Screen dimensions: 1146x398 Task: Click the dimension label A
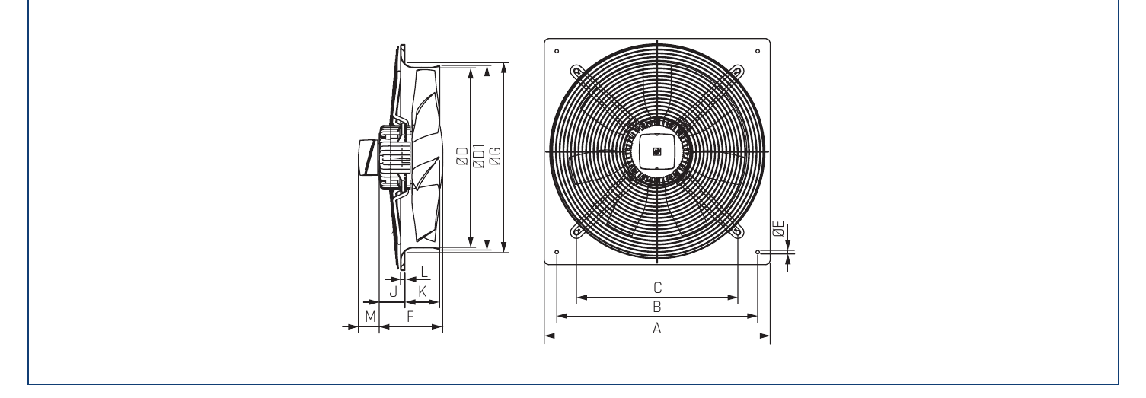coord(657,328)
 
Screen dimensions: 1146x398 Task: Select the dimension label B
coord(657,307)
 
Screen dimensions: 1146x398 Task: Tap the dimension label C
coord(658,288)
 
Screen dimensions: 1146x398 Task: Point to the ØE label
coord(779,228)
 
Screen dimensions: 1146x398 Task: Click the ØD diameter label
coord(462,156)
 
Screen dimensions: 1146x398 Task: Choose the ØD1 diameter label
coord(479,156)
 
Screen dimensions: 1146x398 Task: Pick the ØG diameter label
coord(495,156)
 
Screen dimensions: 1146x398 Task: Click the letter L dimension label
coord(424,271)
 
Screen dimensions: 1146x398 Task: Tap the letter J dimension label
coord(394,291)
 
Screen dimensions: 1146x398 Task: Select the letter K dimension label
coord(423,291)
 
